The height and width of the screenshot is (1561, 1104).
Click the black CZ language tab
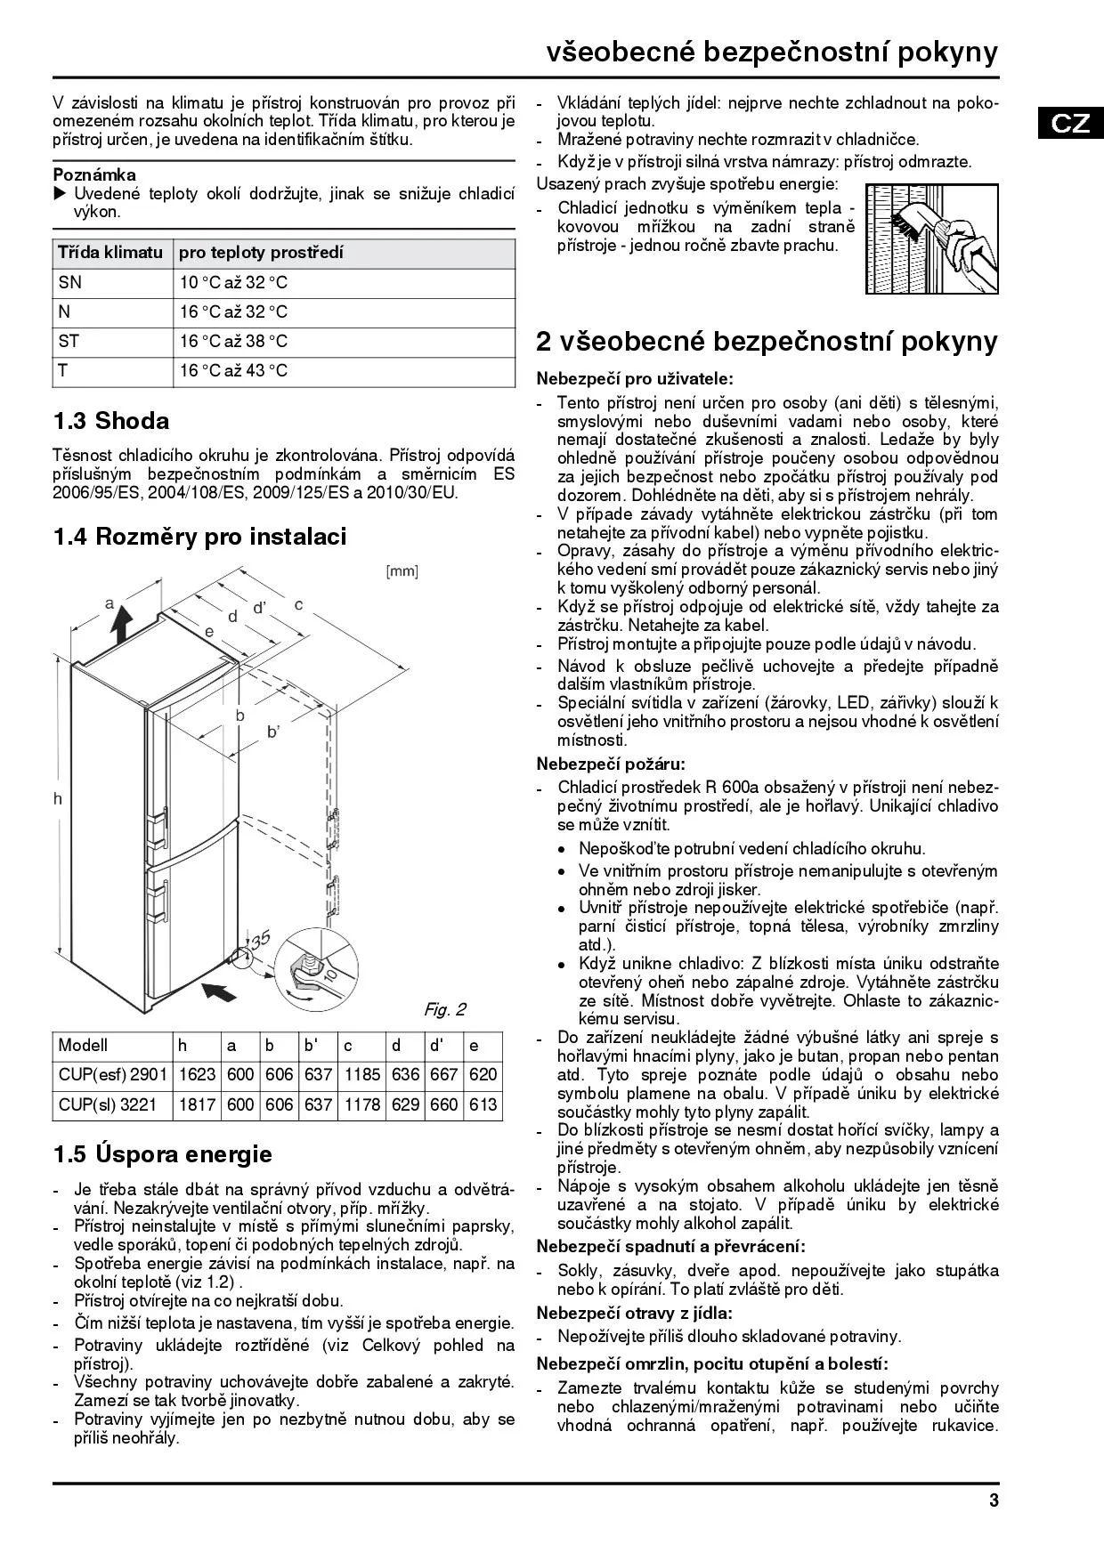[1070, 122]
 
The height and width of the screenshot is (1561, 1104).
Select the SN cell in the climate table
[69, 282]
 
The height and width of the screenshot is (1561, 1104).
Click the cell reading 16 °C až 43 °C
[233, 370]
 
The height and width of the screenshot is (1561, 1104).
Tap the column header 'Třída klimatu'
[110, 253]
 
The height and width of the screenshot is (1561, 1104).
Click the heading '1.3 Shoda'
[110, 420]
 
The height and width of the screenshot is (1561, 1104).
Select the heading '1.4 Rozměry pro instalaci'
[199, 536]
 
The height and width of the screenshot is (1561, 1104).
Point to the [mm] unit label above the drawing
[402, 571]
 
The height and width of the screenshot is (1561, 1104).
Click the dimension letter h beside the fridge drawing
[58, 798]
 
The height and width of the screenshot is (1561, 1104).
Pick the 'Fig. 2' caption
[444, 1009]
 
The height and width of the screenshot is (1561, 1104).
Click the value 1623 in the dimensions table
[197, 1074]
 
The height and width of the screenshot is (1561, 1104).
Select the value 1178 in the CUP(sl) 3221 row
[361, 1104]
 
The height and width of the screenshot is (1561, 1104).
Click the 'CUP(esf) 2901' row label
[112, 1074]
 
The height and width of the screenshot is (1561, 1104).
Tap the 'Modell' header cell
[83, 1045]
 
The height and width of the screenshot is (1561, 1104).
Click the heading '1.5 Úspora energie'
[162, 1154]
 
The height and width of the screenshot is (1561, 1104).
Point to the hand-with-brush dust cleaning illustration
[931, 238]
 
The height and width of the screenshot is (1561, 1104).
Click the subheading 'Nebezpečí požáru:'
[611, 763]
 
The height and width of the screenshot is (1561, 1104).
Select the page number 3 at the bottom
[994, 1500]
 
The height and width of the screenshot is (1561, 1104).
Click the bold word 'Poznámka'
[94, 174]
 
